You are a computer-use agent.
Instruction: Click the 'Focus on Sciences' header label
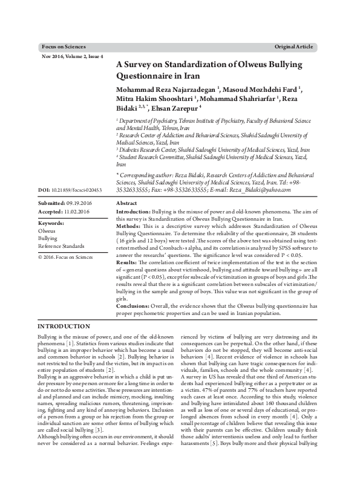64,47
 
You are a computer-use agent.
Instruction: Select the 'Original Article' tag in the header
293,47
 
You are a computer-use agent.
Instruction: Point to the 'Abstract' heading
126,204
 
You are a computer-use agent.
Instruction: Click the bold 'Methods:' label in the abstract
130,226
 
